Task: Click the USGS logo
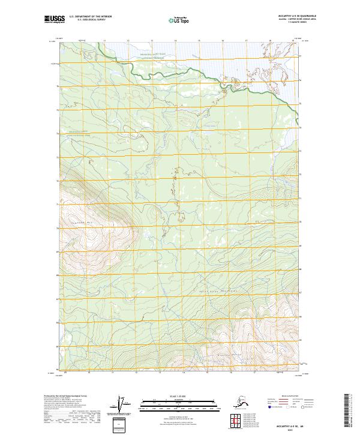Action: coord(54,20)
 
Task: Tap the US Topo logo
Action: coord(175,20)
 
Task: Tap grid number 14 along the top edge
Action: coord(175,41)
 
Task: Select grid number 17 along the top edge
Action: coord(246,41)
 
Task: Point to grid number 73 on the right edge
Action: coord(299,151)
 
